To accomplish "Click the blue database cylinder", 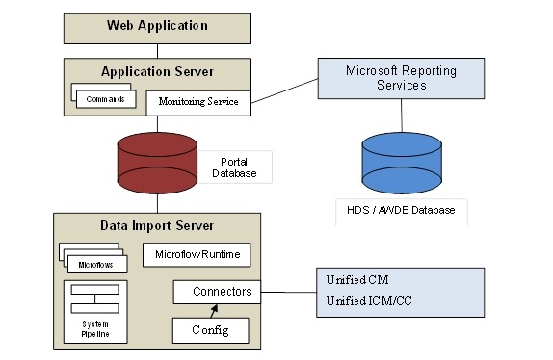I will pyautogui.click(x=400, y=160).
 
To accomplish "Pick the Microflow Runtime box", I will pyautogui.click(x=197, y=255).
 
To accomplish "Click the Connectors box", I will pyautogui.click(x=216, y=291).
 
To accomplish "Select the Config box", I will pyautogui.click(x=210, y=330).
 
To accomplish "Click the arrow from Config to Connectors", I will pyautogui.click(x=213, y=310).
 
